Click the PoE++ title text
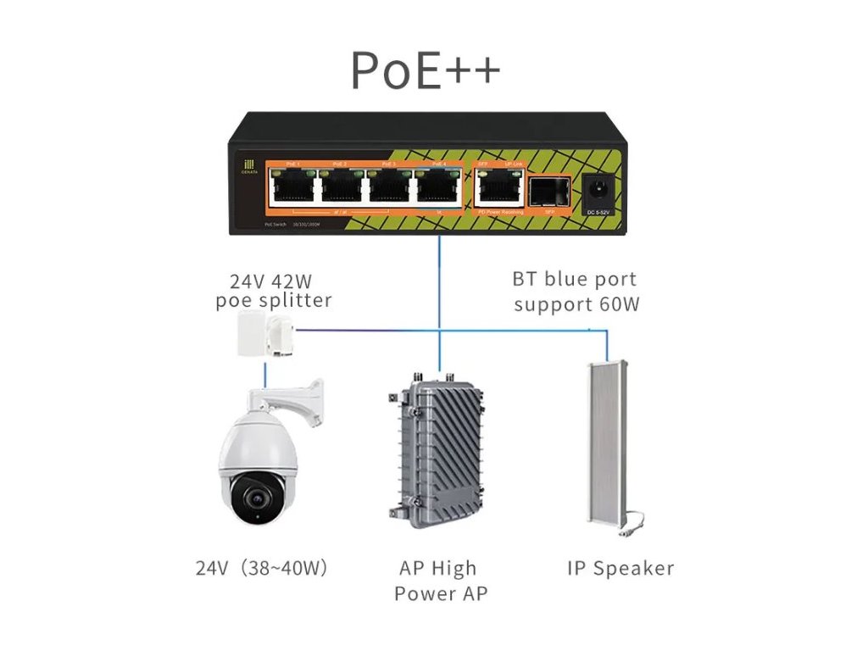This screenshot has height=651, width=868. (426, 71)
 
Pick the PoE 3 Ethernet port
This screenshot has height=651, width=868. (390, 185)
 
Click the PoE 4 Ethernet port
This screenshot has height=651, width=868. (438, 185)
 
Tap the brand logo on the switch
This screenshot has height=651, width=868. (248, 168)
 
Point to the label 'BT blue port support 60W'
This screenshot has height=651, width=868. (575, 292)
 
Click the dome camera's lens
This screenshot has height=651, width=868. (252, 494)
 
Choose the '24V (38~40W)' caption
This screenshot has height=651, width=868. (261, 568)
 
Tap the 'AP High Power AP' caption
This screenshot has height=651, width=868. (439, 580)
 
